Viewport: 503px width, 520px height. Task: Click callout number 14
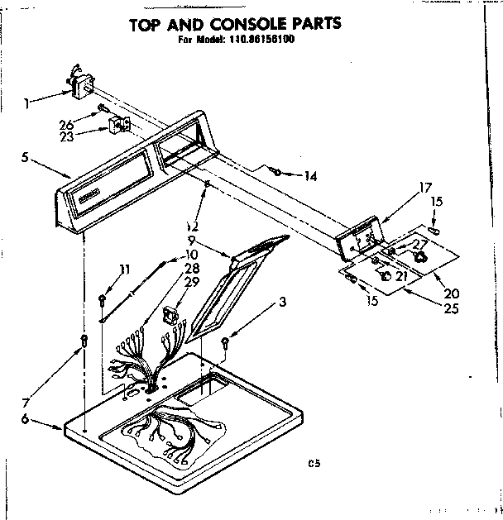[311, 176]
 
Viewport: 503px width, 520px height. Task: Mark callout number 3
[283, 303]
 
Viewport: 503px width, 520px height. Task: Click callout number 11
[125, 269]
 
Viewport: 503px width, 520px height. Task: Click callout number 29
[192, 282]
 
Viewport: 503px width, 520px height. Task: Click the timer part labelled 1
[80, 84]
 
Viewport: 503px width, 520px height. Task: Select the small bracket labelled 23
[117, 125]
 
